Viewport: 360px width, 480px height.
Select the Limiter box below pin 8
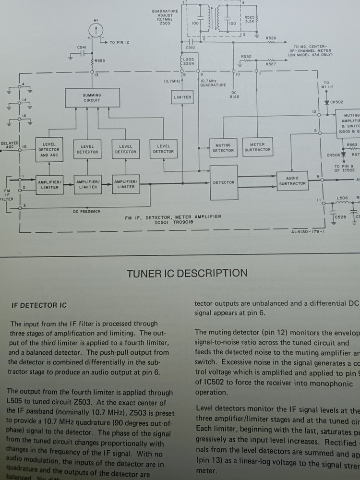[x=182, y=97]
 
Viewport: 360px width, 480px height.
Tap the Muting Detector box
[x=223, y=148]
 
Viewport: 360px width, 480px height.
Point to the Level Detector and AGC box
[x=48, y=149]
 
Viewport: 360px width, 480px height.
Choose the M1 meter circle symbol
[x=96, y=31]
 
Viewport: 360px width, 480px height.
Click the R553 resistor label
[x=100, y=61]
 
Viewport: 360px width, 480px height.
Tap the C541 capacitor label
[x=82, y=47]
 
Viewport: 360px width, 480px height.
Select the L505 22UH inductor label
[x=189, y=61]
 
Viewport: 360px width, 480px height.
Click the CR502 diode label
[x=337, y=102]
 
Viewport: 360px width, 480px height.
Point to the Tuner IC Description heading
[x=187, y=274]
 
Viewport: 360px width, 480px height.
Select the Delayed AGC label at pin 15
[x=10, y=144]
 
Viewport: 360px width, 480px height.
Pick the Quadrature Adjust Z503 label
[x=165, y=17]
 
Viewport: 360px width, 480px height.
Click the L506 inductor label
[x=342, y=198]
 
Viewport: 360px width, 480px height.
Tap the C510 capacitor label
[x=190, y=48]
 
